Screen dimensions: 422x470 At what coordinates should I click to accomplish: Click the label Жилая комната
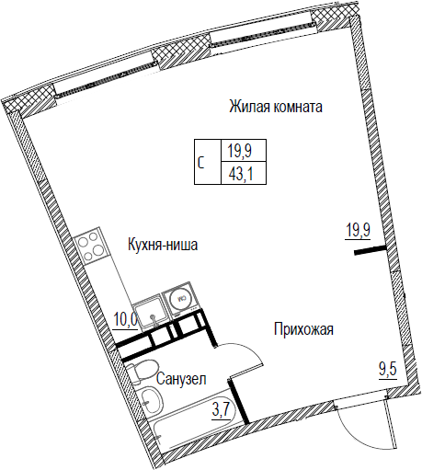point(276,107)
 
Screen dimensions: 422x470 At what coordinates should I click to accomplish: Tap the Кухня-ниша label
point(163,245)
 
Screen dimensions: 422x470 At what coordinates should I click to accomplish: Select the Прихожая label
point(303,329)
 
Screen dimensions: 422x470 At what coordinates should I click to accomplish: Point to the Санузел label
point(181,379)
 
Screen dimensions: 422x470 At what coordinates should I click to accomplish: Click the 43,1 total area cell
point(244,176)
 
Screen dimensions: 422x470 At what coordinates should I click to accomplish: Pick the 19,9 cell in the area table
point(244,151)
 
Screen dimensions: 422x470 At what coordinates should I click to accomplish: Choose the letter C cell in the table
point(208,162)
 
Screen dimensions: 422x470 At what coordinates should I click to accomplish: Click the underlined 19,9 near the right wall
point(359,230)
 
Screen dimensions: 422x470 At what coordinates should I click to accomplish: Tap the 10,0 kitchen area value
point(126,320)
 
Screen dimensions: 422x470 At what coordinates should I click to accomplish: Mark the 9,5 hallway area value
point(388,371)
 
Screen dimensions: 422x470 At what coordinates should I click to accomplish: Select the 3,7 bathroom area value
point(221,411)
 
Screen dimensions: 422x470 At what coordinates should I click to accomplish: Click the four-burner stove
point(90,246)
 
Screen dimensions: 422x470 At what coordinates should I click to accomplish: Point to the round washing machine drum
point(181,298)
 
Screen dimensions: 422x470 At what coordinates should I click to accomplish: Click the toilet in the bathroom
point(142,373)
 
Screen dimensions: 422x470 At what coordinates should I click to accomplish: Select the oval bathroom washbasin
point(151,399)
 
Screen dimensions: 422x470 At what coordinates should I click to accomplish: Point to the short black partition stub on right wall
point(370,250)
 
